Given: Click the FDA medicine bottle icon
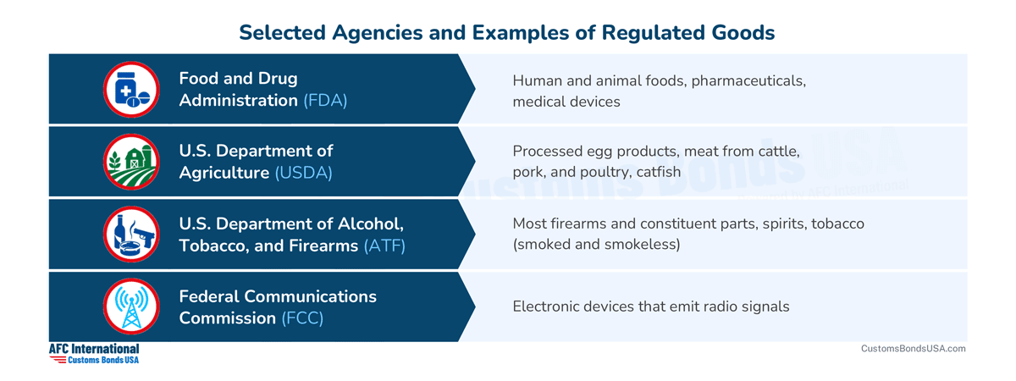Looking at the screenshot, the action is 131,90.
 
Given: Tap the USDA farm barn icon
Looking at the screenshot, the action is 131,162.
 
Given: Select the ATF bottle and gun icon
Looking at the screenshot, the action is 131,234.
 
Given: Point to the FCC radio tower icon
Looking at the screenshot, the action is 131,306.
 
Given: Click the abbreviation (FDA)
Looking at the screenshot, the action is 325,100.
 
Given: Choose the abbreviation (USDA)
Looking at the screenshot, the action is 303,173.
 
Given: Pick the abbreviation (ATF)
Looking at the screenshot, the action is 384,246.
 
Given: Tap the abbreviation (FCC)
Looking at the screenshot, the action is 302,318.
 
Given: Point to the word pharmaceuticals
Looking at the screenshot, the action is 748,81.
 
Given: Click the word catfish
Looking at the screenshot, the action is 659,172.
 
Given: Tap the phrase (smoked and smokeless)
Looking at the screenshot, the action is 596,245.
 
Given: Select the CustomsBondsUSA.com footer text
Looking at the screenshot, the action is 913,348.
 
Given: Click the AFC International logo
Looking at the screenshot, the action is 94,354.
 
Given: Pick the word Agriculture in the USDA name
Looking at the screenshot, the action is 224,173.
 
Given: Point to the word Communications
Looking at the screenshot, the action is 310,296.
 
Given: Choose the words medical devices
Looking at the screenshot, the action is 566,102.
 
